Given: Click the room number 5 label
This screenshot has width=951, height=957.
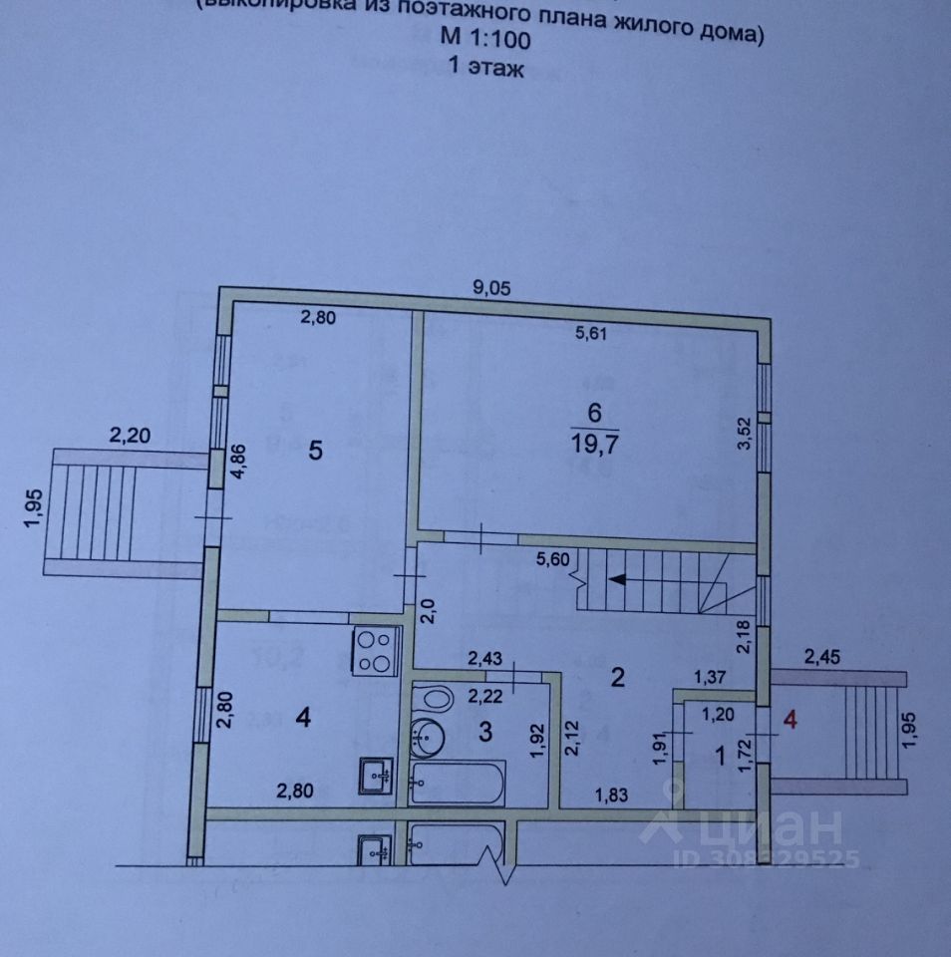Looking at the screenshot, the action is pos(315,451).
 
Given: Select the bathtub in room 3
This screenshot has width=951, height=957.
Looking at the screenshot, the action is pos(459,783).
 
